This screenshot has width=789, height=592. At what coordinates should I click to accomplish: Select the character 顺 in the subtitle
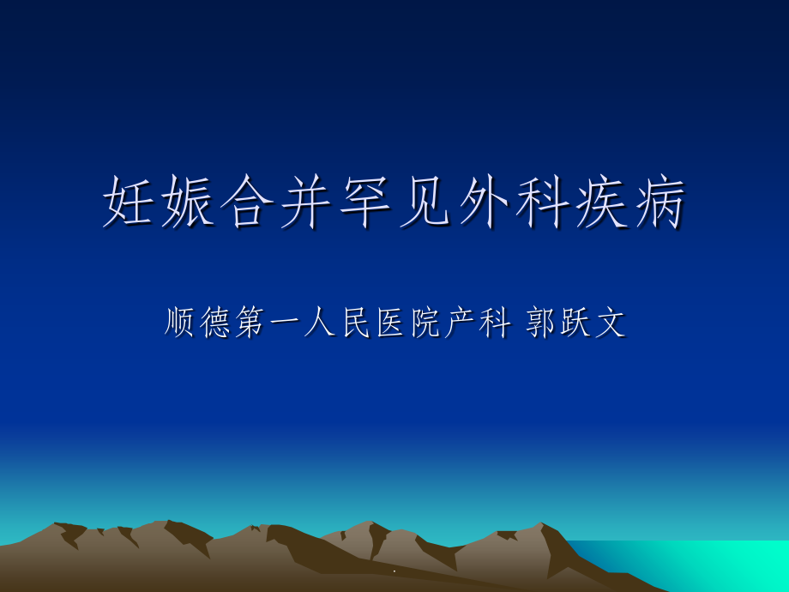coord(181,323)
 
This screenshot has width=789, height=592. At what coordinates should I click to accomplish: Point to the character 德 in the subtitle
coord(216,323)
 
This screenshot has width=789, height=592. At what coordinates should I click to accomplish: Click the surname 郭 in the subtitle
coord(542,323)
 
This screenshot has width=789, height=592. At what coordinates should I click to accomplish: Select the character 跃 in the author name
coord(577,323)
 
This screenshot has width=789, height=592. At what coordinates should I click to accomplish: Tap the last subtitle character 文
coord(612,323)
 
